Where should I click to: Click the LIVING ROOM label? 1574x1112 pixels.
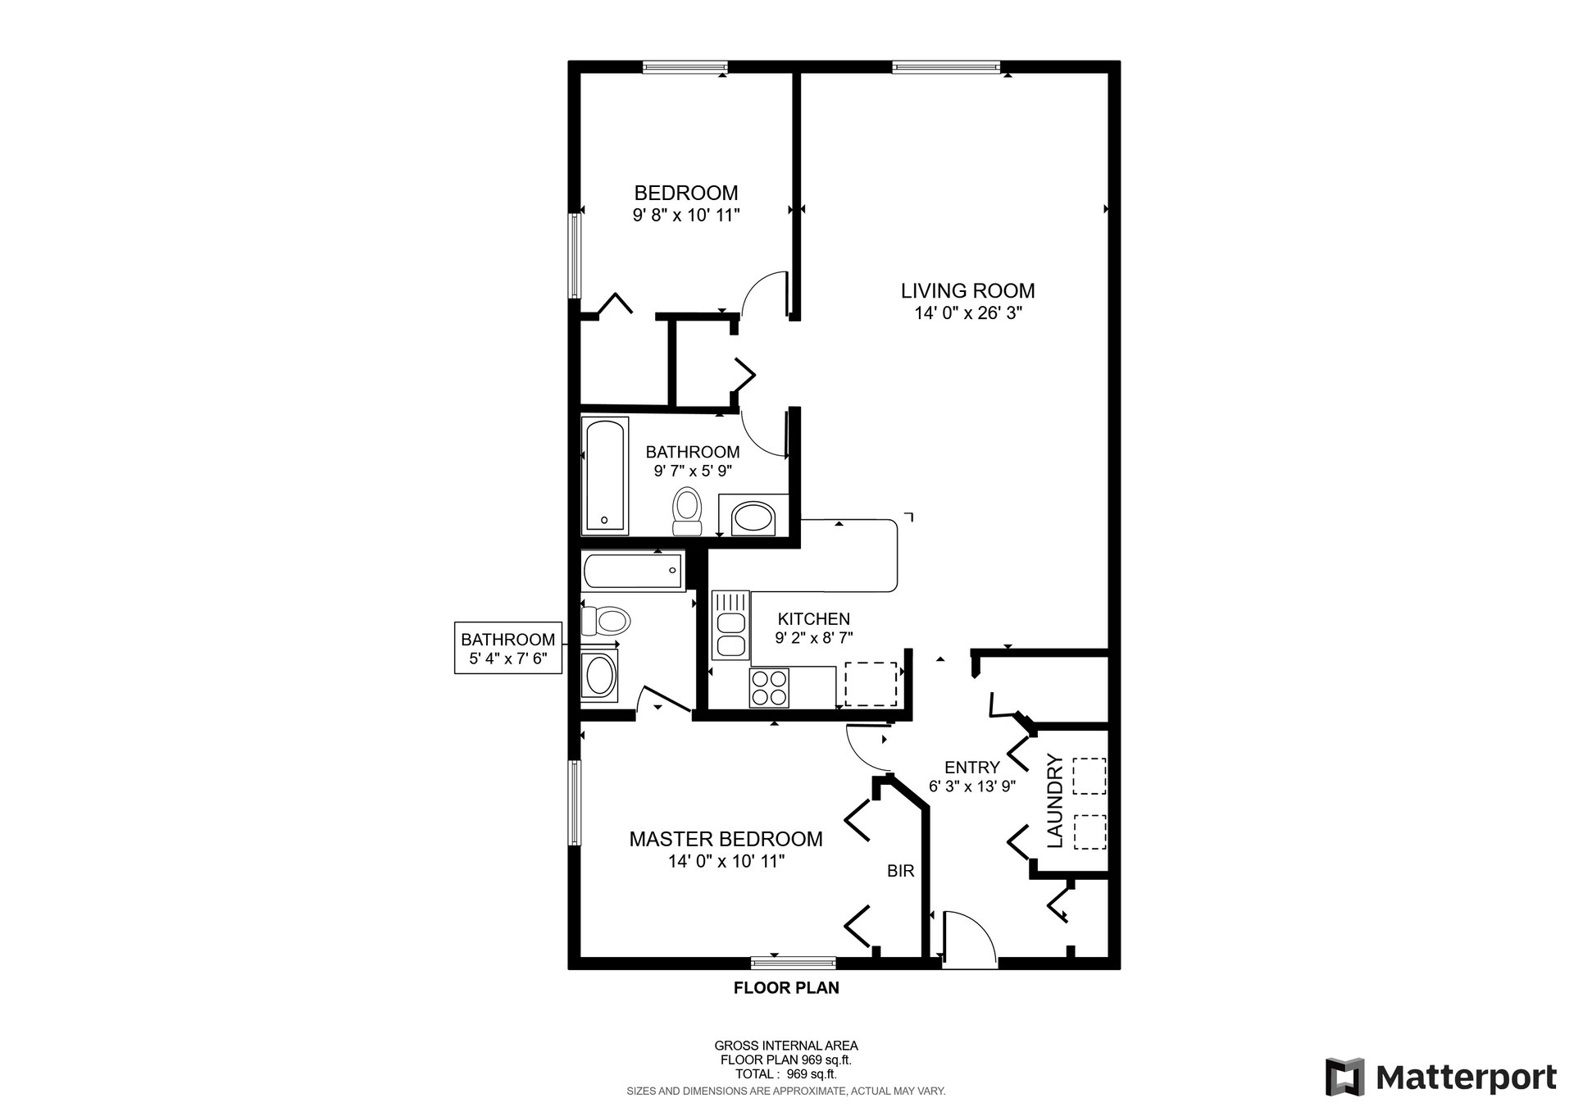pos(967,290)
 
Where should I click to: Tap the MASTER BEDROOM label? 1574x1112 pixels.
pos(726,839)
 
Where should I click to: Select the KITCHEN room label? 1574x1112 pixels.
pos(813,619)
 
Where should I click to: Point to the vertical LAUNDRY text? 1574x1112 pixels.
pos(1054,801)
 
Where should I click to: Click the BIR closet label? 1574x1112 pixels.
pos(900,872)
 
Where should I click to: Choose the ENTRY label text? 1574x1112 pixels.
pos(972,768)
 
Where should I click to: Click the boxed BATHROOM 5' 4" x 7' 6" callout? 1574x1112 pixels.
pos(508,648)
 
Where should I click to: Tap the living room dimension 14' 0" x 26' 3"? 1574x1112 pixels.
pos(968,312)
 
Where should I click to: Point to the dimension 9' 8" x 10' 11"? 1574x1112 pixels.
pos(686,215)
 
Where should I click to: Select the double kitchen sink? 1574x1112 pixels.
pos(730,625)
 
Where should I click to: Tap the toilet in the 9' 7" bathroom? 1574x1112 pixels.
pos(686,513)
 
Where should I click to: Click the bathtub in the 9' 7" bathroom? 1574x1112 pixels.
pos(605,475)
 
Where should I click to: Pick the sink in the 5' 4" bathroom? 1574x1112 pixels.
pos(600,677)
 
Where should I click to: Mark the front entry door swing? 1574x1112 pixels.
pos(970,940)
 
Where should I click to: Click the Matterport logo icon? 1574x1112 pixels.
pos(1345,1077)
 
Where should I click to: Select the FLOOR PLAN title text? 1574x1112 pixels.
pos(786,988)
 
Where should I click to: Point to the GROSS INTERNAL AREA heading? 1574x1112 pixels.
pos(786,1046)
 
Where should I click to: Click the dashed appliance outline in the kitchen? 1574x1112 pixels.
pos(871,684)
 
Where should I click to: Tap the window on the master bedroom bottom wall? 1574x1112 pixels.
pos(794,963)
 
